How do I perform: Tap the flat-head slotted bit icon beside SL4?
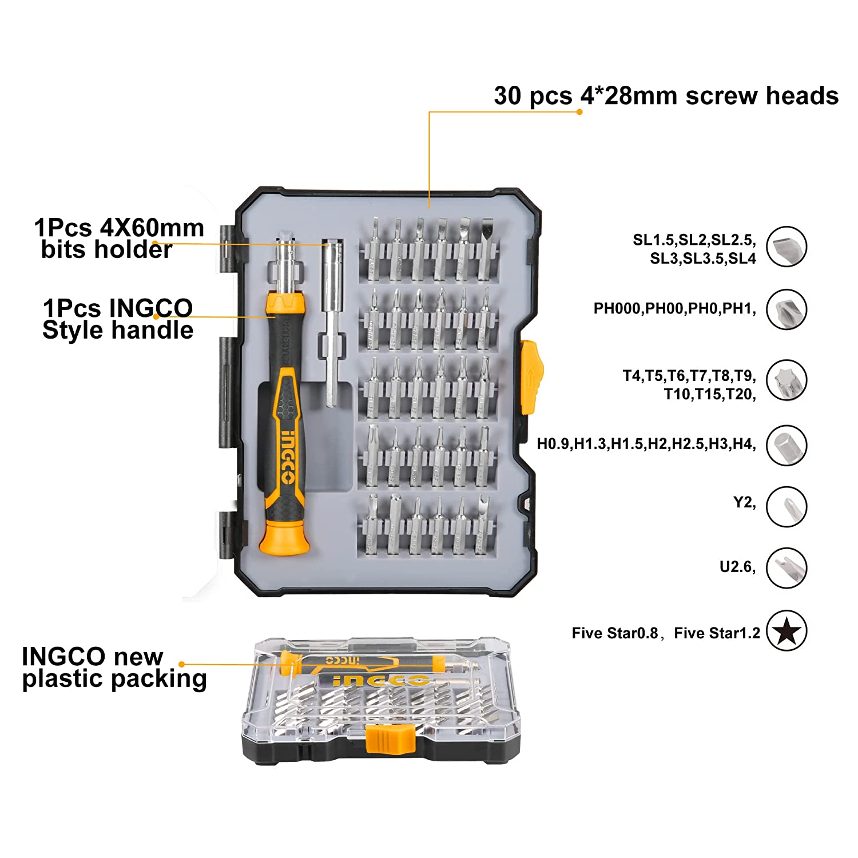[x=786, y=247]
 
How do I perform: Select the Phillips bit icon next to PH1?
[x=786, y=309]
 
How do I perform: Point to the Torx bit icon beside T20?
[x=786, y=380]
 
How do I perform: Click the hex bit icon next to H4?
[x=786, y=445]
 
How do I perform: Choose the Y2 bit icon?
[x=786, y=506]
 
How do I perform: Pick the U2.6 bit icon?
[x=786, y=568]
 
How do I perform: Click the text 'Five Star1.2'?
[x=717, y=633]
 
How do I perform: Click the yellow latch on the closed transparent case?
[x=390, y=738]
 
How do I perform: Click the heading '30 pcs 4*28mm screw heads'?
[x=666, y=96]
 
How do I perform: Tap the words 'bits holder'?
[x=106, y=250]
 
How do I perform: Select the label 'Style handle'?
[x=118, y=331]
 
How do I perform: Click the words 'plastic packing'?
[x=114, y=679]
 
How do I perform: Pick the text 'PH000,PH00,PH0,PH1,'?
[x=674, y=309]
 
